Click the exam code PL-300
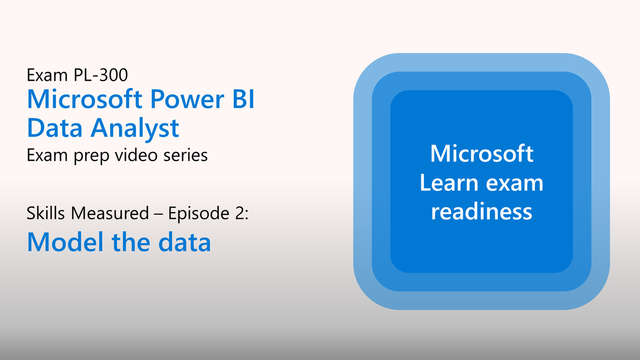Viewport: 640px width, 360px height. pyautogui.click(x=101, y=75)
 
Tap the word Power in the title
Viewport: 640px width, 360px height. pyautogui.click(x=186, y=99)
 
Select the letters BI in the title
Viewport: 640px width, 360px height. pyautogui.click(x=243, y=99)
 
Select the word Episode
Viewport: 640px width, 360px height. pyautogui.click(x=199, y=214)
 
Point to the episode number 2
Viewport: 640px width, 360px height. pyautogui.click(x=239, y=214)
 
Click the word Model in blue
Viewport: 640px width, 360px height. pyautogui.click(x=65, y=242)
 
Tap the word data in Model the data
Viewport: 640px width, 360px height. pyautogui.click(x=185, y=242)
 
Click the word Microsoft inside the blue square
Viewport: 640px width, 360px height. pyautogui.click(x=482, y=154)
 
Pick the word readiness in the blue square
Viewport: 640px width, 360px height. pyautogui.click(x=482, y=211)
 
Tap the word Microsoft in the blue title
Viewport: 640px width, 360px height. pyautogui.click(x=85, y=99)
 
